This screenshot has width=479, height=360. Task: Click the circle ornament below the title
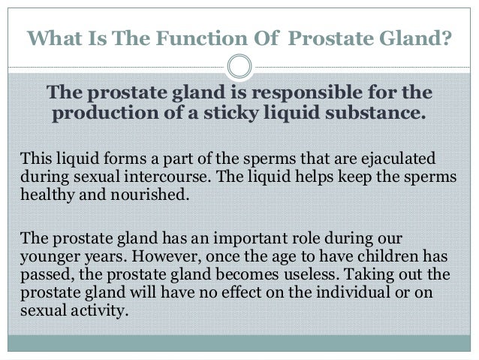click(239, 65)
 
